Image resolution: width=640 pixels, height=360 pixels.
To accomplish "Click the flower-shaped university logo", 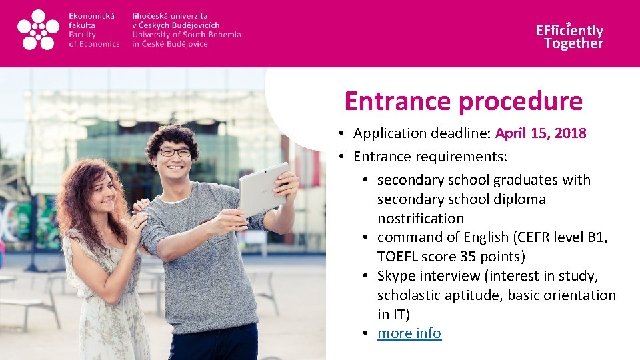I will point(38,30).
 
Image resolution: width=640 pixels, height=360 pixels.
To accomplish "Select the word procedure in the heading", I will point(519,101).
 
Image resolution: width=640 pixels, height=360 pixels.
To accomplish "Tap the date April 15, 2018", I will point(541,133).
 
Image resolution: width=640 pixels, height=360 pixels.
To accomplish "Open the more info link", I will point(409,333).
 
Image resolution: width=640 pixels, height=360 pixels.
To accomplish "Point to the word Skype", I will point(397,276).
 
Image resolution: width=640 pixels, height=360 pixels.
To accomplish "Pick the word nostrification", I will point(420,218).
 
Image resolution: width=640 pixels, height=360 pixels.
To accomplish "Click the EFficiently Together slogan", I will point(569,37).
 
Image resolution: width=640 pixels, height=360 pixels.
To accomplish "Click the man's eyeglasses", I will point(175,153).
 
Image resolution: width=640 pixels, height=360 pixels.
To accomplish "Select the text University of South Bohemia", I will point(186,35).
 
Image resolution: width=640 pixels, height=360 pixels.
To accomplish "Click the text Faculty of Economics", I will point(93,39).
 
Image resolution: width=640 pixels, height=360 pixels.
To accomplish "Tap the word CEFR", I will point(530,237).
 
